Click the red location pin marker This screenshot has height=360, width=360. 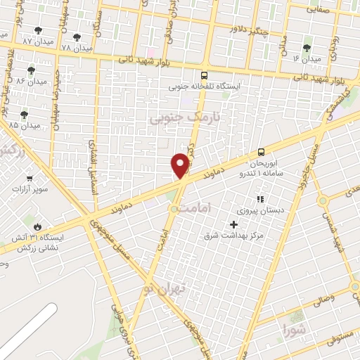pyautogui.click(x=181, y=165)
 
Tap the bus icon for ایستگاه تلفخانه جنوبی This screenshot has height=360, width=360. pyautogui.click(x=204, y=75)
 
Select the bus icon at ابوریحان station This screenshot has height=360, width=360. pyautogui.click(x=262, y=151)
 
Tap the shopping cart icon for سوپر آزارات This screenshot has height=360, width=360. pyautogui.click(x=29, y=178)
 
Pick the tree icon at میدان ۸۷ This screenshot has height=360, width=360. pyautogui.click(x=38, y=30)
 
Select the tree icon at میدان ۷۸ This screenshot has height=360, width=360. pyautogui.click(x=77, y=37)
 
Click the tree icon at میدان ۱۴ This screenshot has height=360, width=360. pyautogui.click(x=307, y=47)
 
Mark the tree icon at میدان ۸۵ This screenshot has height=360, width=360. pyautogui.click(x=25, y=114)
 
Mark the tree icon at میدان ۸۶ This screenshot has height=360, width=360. pyautogui.click(x=31, y=70)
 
